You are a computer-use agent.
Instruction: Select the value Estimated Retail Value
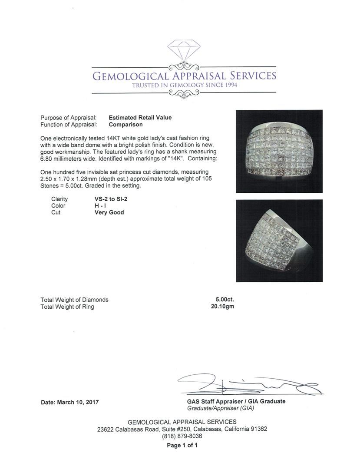(x=140, y=118)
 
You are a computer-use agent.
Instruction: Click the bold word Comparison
(x=126, y=125)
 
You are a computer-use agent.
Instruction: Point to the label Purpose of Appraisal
(x=68, y=118)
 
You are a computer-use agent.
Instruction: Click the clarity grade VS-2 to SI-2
(x=111, y=199)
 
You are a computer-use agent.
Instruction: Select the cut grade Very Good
(x=109, y=213)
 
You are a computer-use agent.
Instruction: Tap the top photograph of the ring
(x=279, y=151)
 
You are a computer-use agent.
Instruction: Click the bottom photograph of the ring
(x=279, y=241)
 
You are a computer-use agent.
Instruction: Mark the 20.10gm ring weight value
(x=222, y=307)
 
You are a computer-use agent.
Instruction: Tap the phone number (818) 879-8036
(x=182, y=436)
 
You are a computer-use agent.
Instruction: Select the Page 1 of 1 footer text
(x=182, y=445)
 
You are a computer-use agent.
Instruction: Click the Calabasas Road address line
(x=182, y=429)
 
